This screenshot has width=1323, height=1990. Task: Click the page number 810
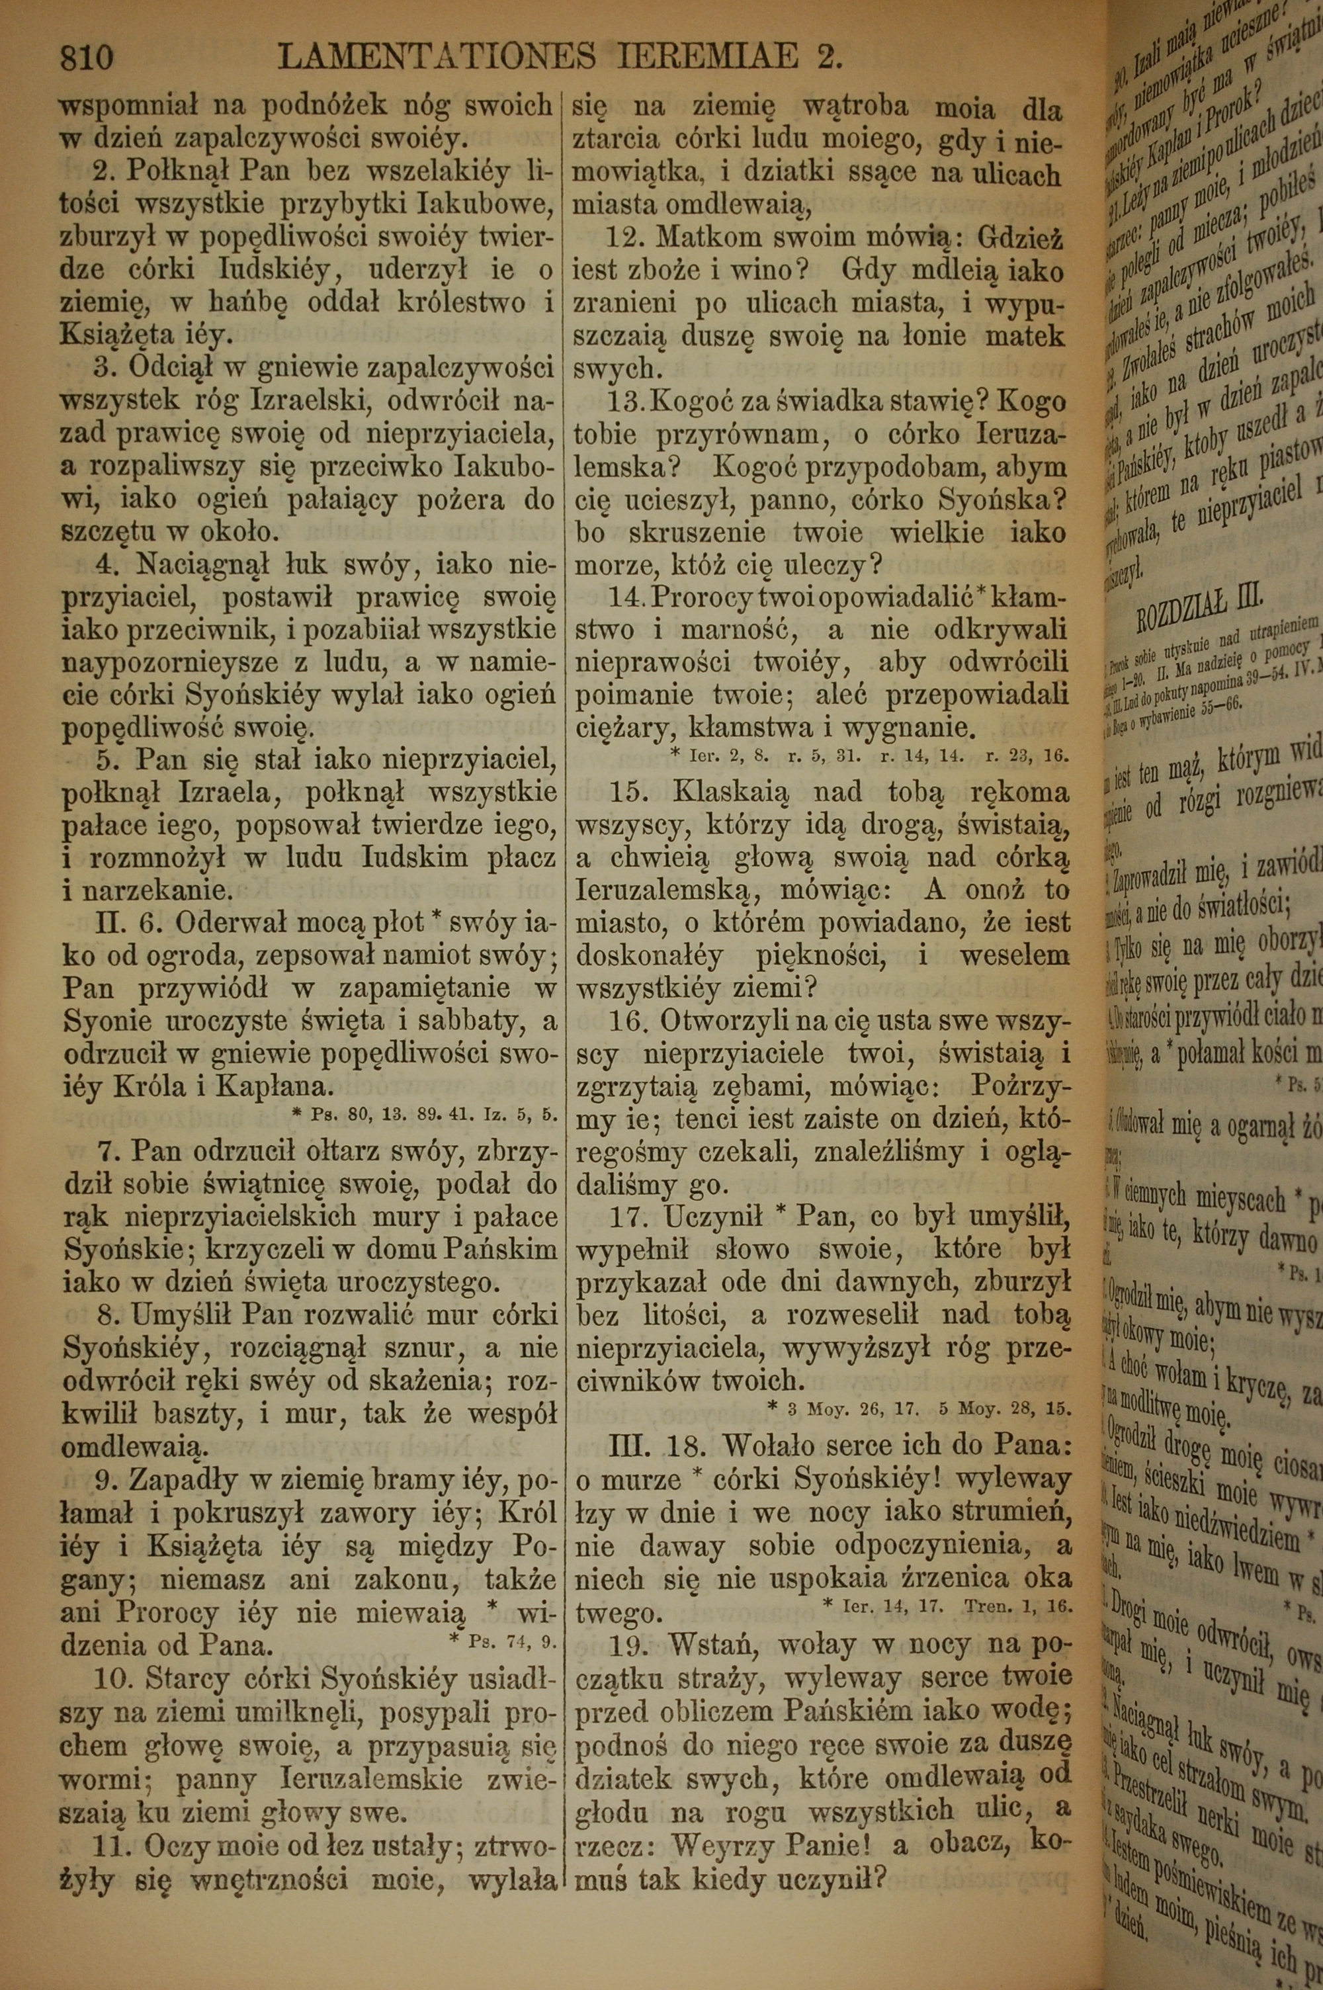tap(86, 58)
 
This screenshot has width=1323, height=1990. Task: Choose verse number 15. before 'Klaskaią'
tap(625, 791)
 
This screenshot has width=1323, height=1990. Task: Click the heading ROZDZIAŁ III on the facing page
tap(1199, 607)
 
